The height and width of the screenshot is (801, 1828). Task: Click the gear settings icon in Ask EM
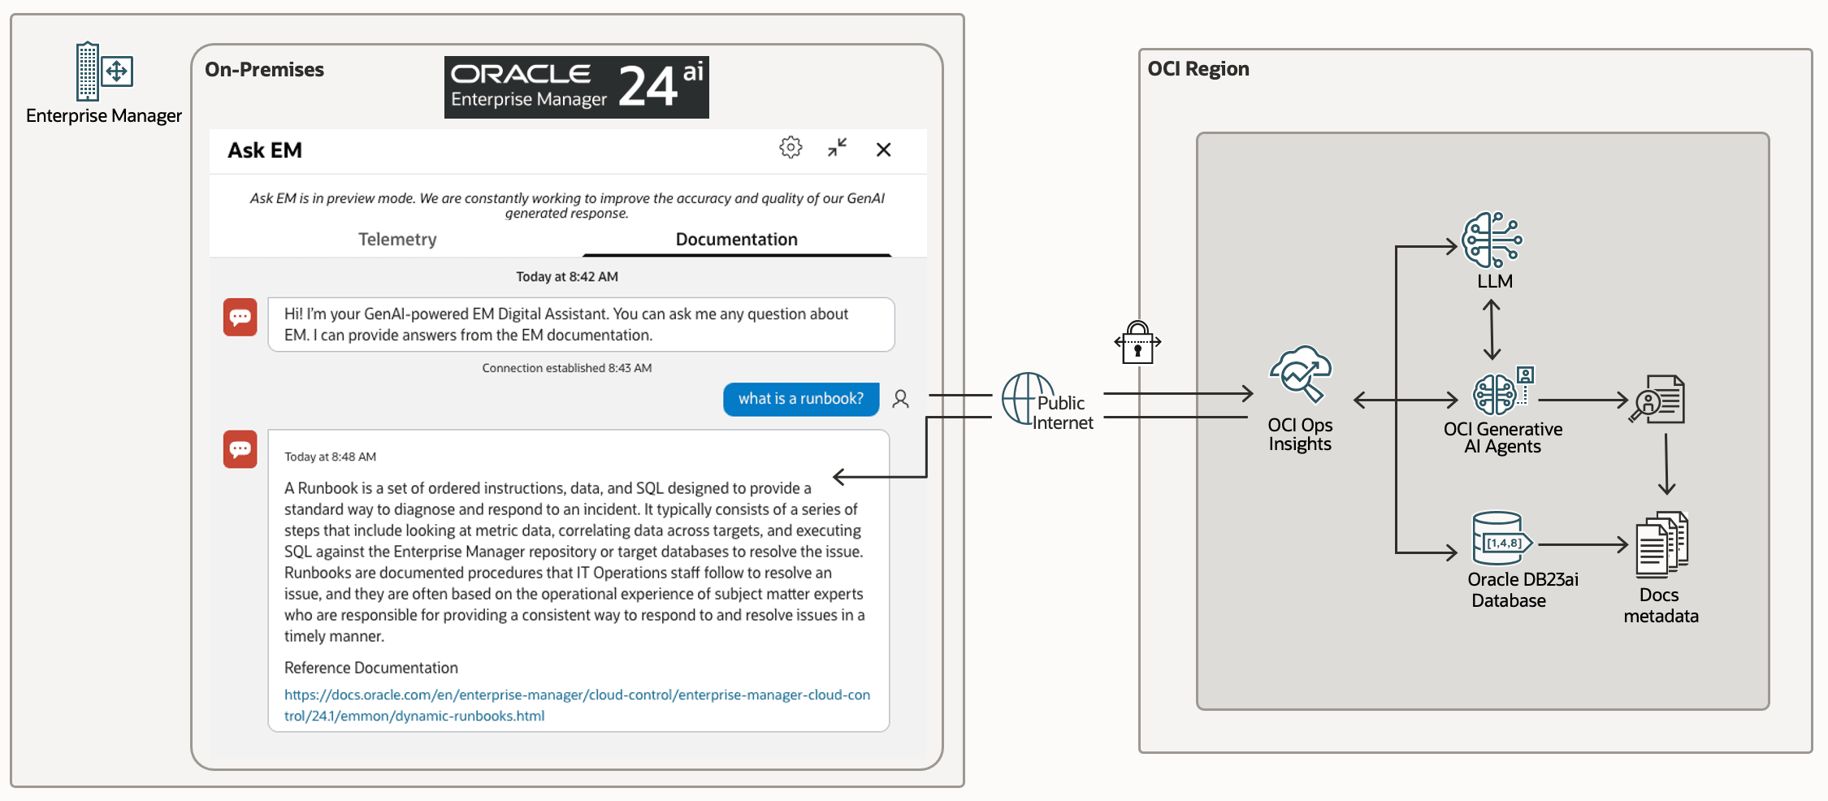791,147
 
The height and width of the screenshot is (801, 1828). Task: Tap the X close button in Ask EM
884,149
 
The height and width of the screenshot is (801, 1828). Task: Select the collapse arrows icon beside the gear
838,147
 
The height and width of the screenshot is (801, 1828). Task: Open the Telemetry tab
397,239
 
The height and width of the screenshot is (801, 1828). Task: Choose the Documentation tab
737,239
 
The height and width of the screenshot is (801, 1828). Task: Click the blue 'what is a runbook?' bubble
801,399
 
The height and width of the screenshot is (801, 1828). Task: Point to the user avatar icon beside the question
901,399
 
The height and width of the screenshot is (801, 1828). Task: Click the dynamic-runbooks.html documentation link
577,705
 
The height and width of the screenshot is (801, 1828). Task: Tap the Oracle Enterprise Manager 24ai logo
577,87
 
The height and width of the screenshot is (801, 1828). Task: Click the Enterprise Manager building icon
104,71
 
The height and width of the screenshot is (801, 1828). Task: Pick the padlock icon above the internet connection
1137,343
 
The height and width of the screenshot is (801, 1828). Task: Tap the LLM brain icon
1492,240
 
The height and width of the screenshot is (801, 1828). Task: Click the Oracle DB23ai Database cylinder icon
1502,538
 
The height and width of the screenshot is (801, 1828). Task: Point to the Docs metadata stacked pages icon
1662,544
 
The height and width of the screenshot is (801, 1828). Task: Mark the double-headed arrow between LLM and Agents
1492,330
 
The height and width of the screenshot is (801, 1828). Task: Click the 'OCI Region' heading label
1198,69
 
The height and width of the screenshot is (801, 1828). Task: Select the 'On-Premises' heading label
264,70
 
